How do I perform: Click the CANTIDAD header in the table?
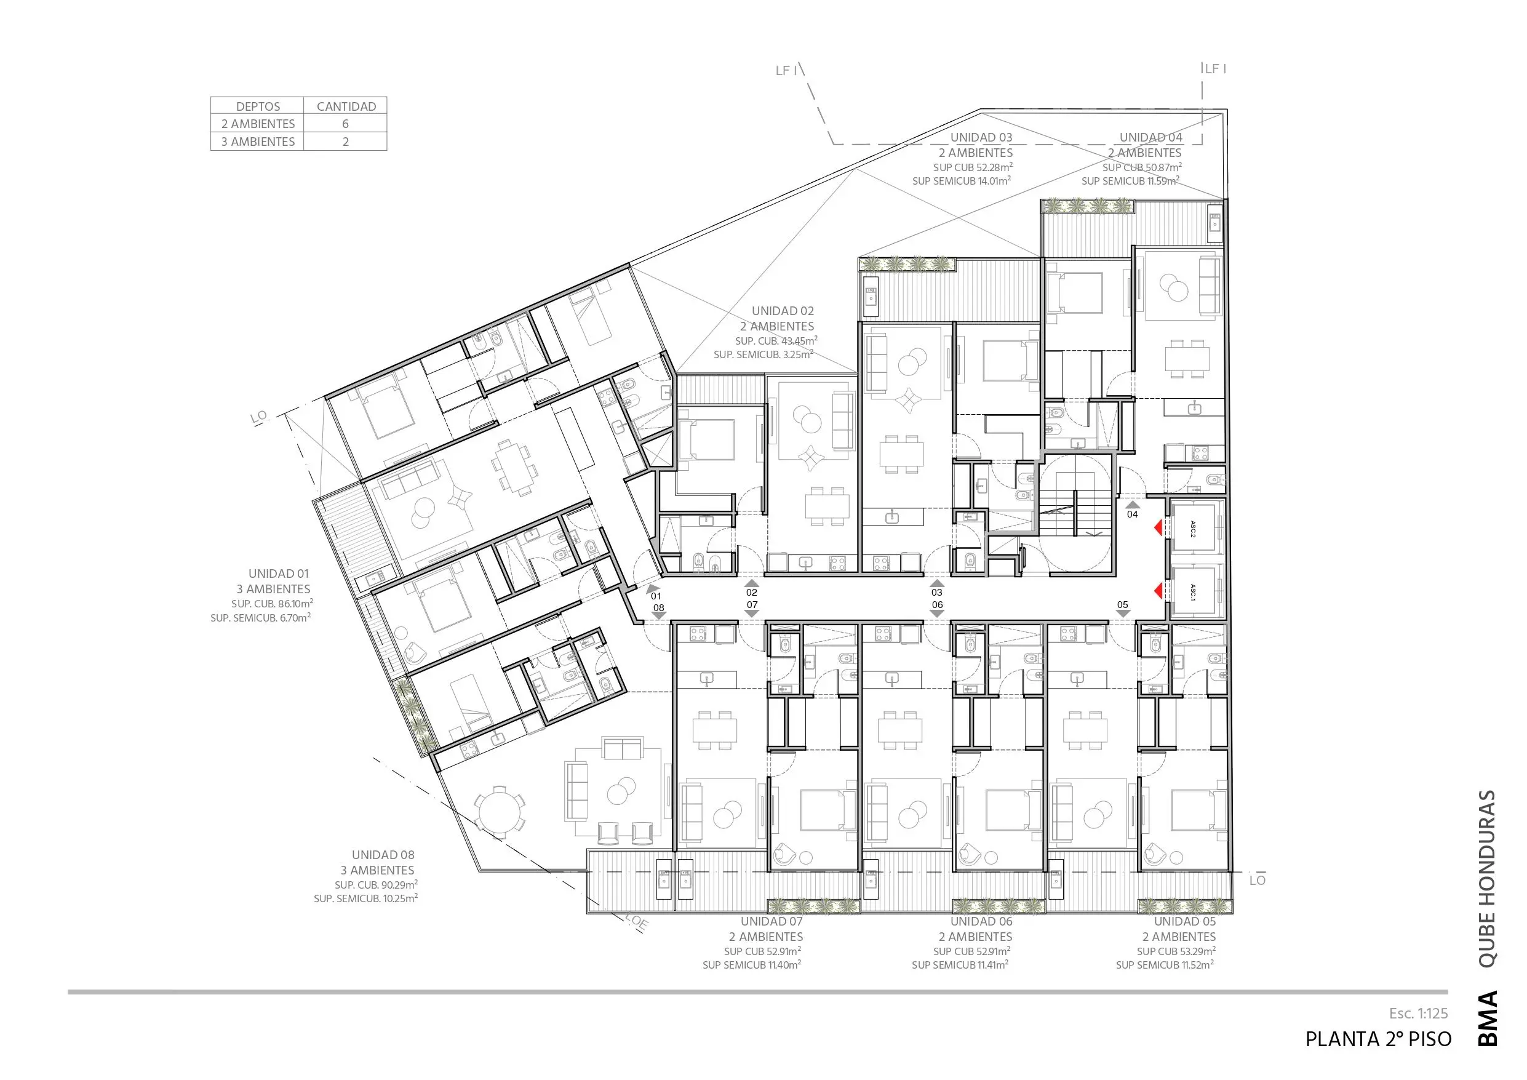pyautogui.click(x=346, y=106)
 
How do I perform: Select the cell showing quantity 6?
pyautogui.click(x=345, y=124)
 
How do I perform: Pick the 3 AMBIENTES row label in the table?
pyautogui.click(x=258, y=142)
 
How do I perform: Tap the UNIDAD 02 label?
pyautogui.click(x=783, y=311)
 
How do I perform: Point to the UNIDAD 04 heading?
pyautogui.click(x=1150, y=137)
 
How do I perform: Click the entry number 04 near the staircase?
pyautogui.click(x=1132, y=514)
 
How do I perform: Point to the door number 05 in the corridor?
pyautogui.click(x=1123, y=605)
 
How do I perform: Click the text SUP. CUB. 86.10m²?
pyautogui.click(x=272, y=604)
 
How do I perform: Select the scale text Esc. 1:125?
pyautogui.click(x=1418, y=1014)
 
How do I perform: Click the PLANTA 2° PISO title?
pyautogui.click(x=1378, y=1039)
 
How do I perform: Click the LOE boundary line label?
pyautogui.click(x=637, y=922)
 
